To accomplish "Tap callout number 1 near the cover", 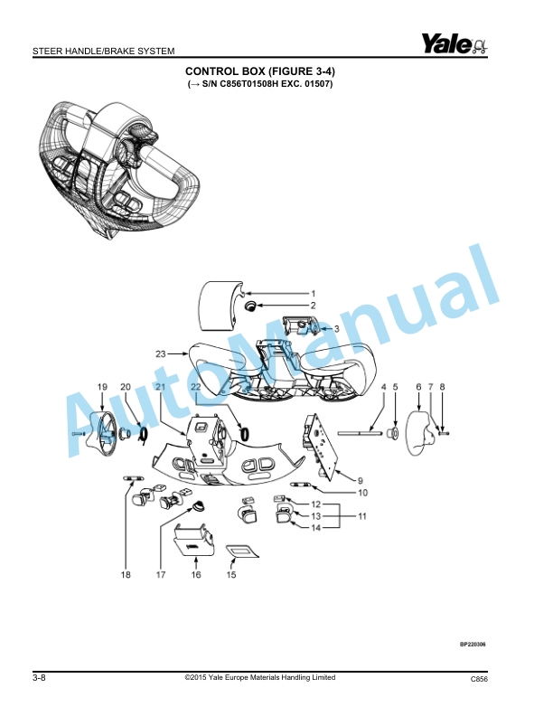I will click(314, 294).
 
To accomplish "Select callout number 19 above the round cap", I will click(102, 387).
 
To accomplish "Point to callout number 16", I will click(195, 574).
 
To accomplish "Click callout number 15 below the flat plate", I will click(230, 574).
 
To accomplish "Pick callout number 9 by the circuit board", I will click(361, 480).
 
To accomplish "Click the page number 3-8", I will click(40, 678).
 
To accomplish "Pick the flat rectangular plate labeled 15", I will click(241, 550).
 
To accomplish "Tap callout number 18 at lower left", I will click(126, 574).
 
